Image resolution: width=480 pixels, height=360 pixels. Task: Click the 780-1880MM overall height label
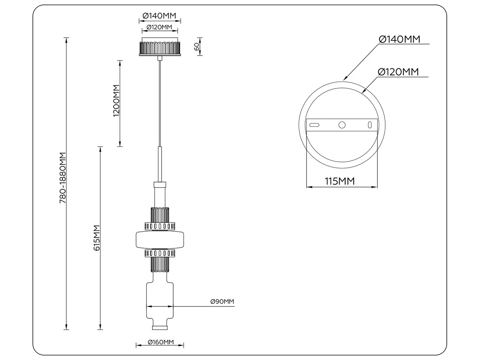coord(63,178)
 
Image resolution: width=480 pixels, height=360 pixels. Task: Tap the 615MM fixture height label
coord(97,238)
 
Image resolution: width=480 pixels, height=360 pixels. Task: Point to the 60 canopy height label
coord(196,46)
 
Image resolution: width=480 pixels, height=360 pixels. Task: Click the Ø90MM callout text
coord(222,302)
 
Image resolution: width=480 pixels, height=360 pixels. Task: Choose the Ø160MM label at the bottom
coord(161,342)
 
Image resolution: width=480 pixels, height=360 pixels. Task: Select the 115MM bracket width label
coord(340,181)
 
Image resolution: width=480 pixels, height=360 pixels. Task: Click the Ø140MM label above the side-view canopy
coord(159,16)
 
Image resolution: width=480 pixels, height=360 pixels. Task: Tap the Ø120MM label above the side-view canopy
coord(160,27)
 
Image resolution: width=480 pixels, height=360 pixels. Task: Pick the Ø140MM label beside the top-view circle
coord(400,39)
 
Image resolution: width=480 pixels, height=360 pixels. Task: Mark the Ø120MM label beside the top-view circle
coord(398,72)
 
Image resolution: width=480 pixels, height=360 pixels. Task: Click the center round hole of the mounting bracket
coord(342,125)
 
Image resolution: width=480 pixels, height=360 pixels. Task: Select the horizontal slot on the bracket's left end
coord(314,125)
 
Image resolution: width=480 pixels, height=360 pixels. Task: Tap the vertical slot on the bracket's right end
coord(370,125)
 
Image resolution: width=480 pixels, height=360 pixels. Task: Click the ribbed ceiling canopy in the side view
coord(160,46)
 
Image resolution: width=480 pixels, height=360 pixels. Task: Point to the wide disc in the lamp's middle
coord(160,240)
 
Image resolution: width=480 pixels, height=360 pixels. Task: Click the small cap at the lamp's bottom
coord(160,328)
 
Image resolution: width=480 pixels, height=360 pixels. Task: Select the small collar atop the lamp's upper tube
coord(160,185)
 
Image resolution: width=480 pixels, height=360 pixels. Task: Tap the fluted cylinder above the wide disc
coord(160,215)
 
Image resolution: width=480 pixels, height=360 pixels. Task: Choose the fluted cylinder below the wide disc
coord(160,264)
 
